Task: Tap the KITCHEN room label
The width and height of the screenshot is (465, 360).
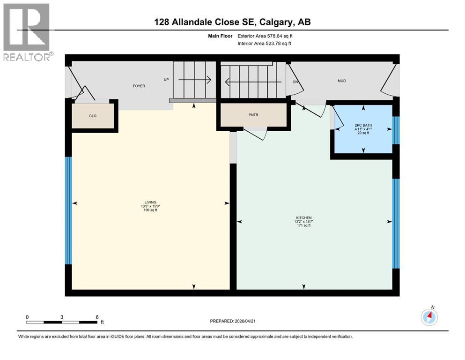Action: click(x=303, y=217)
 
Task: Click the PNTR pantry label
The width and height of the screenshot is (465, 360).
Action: click(x=253, y=114)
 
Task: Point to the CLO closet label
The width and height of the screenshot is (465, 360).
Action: click(x=93, y=116)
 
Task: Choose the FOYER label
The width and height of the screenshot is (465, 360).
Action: click(x=139, y=86)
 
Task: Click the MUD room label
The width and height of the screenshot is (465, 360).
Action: click(x=342, y=81)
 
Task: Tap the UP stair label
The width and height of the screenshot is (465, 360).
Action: click(x=166, y=80)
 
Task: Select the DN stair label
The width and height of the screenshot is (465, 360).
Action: click(x=295, y=82)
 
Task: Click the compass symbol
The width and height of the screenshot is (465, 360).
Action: click(x=429, y=317)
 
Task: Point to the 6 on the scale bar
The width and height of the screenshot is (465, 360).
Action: click(x=96, y=317)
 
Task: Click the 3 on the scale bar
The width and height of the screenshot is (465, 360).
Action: click(x=62, y=317)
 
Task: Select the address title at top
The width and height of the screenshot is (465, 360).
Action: click(x=232, y=22)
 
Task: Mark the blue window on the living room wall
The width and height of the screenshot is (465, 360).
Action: click(x=68, y=210)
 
